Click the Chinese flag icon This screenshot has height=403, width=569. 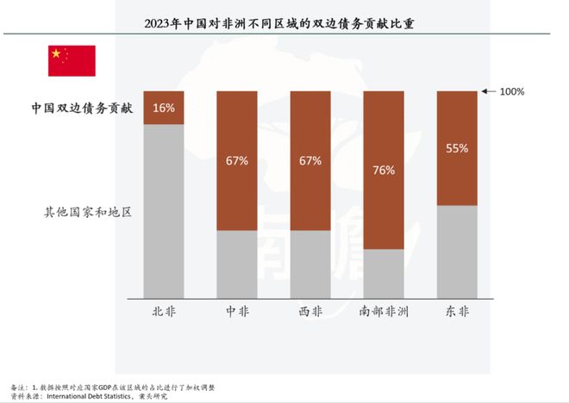pos(72,60)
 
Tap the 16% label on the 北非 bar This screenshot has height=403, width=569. pos(164,108)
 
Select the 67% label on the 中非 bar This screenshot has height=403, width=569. pos(237,160)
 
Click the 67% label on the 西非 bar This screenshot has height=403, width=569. pos(310,160)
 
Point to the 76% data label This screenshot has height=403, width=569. pos(384,170)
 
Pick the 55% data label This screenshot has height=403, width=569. pos(458,148)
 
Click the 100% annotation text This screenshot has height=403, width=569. pos(511,91)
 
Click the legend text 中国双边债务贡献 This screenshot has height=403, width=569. pos(82,108)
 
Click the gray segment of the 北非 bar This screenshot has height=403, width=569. pos(164,211)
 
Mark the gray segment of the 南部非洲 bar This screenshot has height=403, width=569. pos(384,274)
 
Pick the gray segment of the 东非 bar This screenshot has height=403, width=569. pos(458,251)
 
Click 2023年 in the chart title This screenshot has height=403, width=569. pos(164,22)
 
